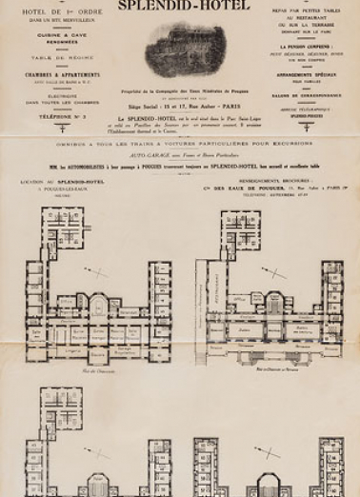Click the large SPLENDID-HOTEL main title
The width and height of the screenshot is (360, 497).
pyautogui.click(x=180, y=10)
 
